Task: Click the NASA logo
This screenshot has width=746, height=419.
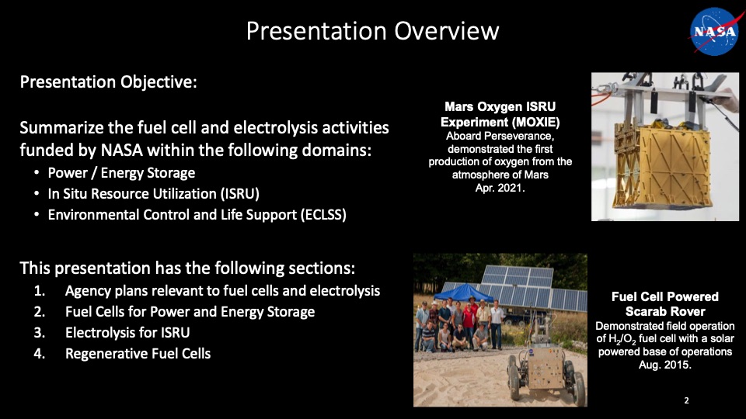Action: (714, 31)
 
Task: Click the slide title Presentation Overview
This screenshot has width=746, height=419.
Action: (372, 31)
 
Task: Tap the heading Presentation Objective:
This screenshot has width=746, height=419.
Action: (109, 82)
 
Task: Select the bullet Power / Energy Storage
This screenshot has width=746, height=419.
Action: (121, 173)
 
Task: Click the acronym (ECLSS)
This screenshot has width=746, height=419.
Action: (323, 215)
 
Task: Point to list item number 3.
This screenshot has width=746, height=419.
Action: (40, 333)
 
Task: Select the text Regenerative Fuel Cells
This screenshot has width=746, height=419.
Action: (138, 354)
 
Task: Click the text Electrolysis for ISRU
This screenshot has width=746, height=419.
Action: (127, 333)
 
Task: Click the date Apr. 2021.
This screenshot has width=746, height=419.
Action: (500, 188)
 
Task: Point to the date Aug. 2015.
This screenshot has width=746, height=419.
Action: (665, 365)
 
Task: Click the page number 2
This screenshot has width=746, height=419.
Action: (686, 400)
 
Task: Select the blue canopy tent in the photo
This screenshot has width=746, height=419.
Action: (463, 292)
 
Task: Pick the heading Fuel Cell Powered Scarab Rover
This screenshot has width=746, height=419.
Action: (665, 304)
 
